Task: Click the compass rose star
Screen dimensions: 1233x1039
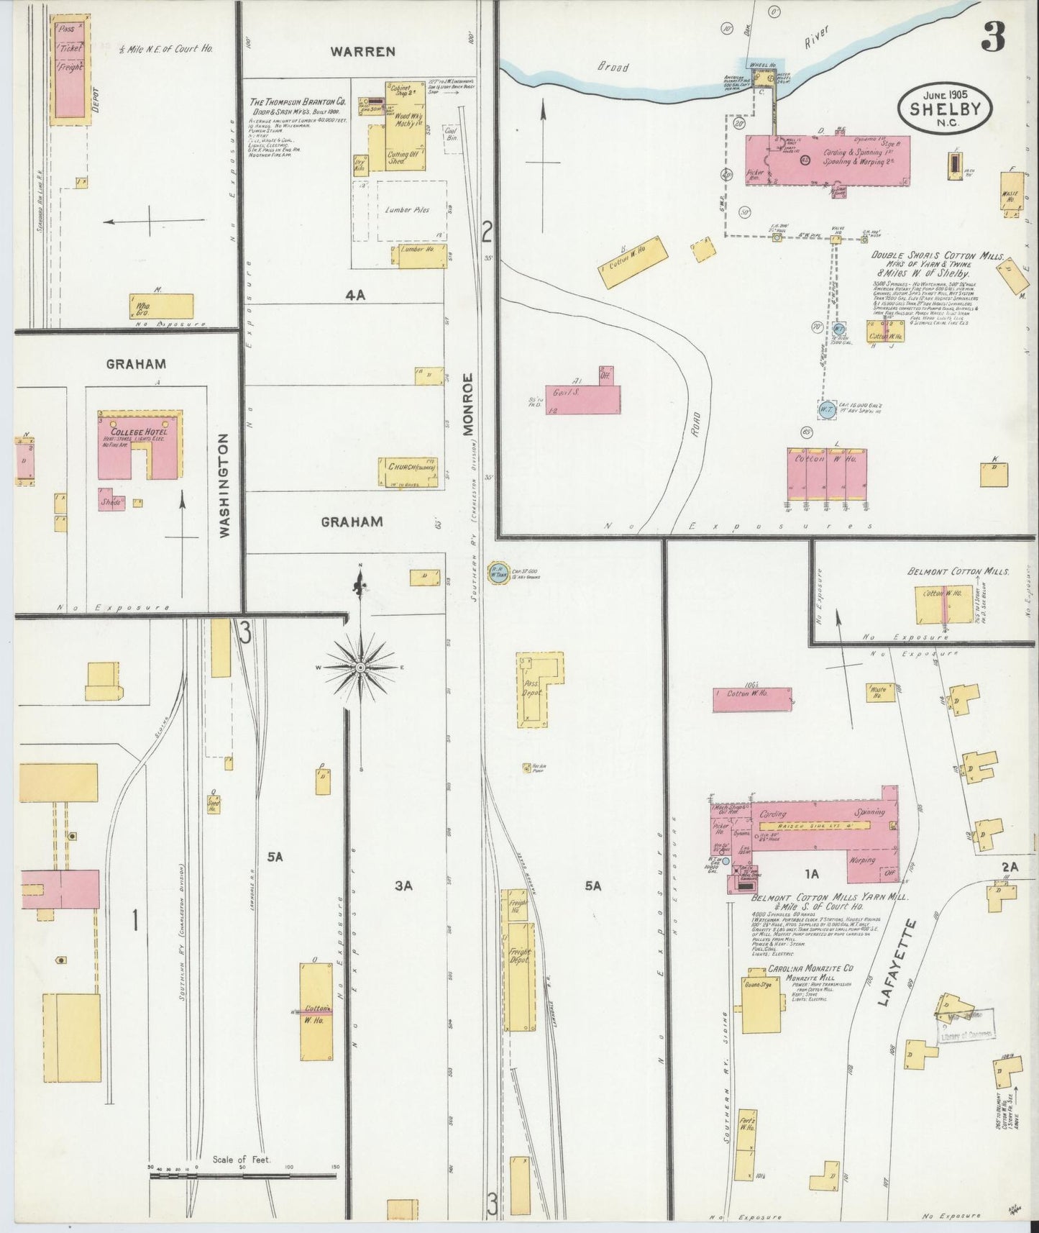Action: tap(360, 668)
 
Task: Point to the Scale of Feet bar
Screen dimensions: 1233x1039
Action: tap(244, 1177)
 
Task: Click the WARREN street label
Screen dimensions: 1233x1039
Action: tap(362, 52)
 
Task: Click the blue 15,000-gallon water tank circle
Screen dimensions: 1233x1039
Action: tap(826, 409)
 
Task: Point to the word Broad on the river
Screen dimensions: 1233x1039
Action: tap(612, 67)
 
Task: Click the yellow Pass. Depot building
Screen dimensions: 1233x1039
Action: tap(538, 689)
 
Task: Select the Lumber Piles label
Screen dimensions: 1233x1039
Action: tap(407, 210)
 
